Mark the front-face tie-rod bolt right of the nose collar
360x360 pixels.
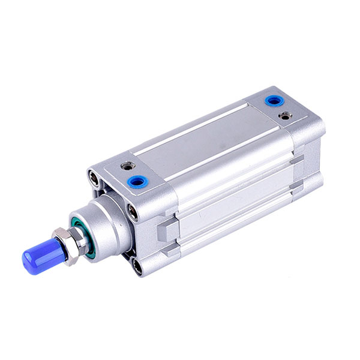coord(132,211)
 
